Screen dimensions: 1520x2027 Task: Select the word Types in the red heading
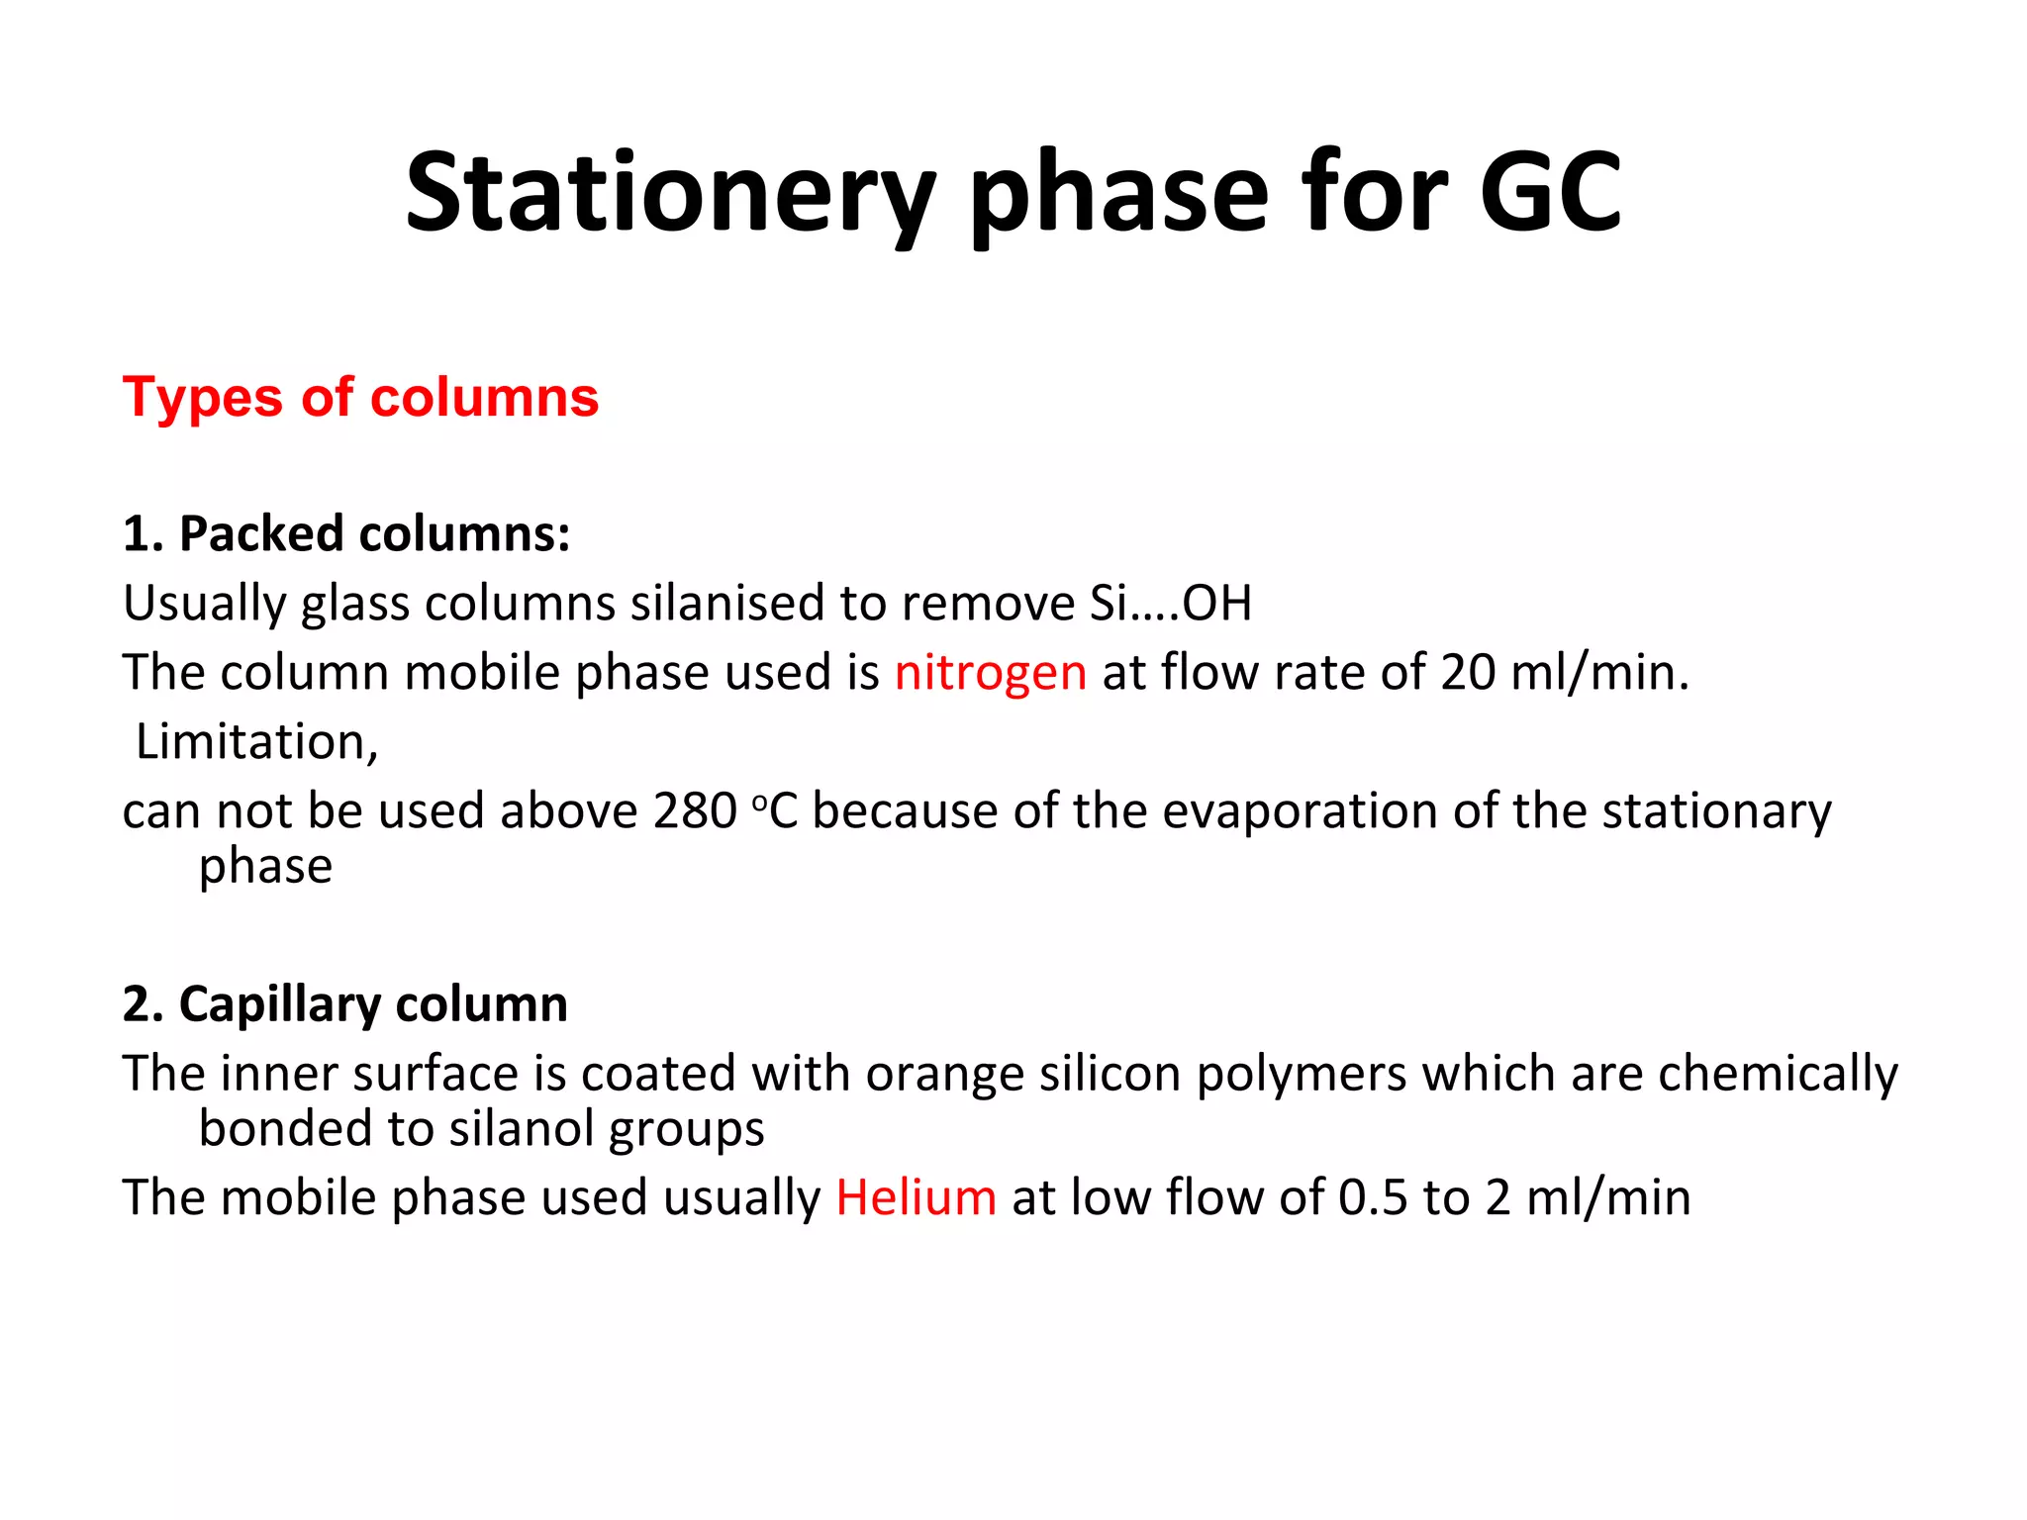click(203, 398)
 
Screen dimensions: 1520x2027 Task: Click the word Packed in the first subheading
click(261, 533)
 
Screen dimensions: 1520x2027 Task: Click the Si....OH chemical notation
click(1171, 603)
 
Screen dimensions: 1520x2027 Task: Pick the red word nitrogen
click(991, 672)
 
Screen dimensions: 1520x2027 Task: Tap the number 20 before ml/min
click(1468, 672)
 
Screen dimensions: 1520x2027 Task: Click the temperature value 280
click(695, 810)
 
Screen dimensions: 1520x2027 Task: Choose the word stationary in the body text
click(1716, 810)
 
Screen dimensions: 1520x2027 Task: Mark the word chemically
click(1778, 1074)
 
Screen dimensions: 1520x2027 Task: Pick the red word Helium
click(916, 1197)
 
